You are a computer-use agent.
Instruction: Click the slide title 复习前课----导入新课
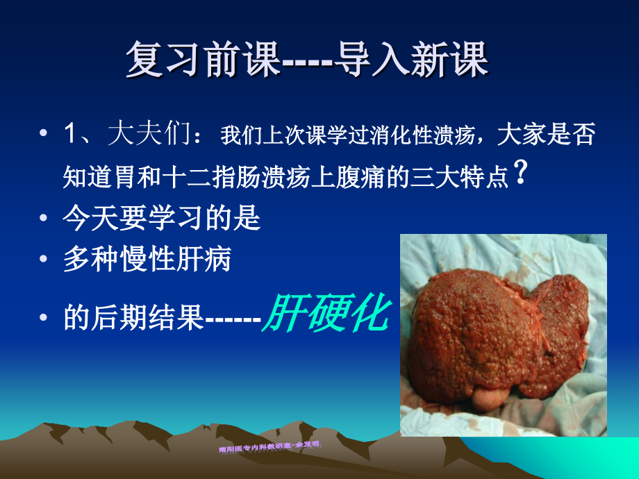tap(307, 60)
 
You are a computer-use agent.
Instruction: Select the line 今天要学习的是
tap(161, 219)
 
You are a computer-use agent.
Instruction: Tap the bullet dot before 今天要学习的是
tap(44, 220)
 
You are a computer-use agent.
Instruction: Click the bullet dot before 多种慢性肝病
tap(44, 261)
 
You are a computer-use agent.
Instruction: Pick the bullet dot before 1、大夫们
tap(44, 135)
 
